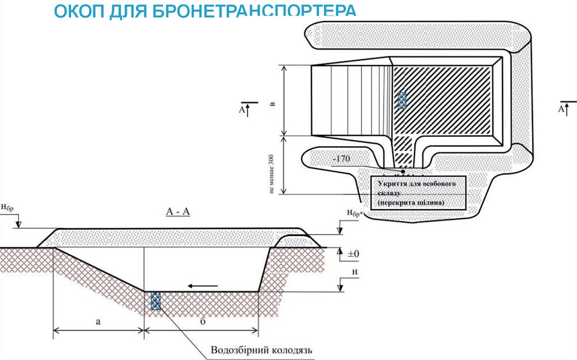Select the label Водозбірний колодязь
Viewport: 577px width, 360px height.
(261, 349)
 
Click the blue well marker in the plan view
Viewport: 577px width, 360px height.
(402, 100)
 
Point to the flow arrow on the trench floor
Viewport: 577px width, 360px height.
(202, 286)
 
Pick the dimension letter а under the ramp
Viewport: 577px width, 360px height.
(98, 322)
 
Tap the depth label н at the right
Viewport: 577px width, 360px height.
(353, 273)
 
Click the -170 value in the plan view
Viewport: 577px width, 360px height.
(341, 159)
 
